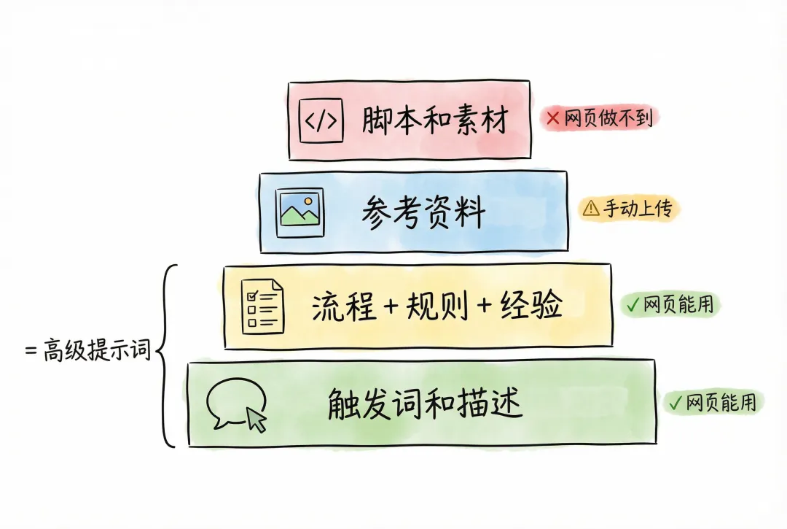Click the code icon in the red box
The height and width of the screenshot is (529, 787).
click(x=321, y=121)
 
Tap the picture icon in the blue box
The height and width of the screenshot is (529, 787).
click(x=300, y=212)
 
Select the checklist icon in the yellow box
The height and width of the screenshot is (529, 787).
click(x=262, y=307)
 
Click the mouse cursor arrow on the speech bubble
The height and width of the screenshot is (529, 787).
click(x=257, y=420)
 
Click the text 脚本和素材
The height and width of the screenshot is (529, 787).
click(x=434, y=121)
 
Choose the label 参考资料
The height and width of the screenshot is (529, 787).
click(x=423, y=214)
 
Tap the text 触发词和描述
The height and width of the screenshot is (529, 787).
click(x=425, y=403)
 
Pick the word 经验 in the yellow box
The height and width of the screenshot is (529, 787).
click(x=531, y=307)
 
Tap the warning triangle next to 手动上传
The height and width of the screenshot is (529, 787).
click(x=590, y=209)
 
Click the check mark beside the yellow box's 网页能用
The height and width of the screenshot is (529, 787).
click(x=631, y=305)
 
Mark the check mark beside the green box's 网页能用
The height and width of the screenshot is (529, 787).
click(x=675, y=401)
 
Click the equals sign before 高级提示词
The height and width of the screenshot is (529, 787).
click(x=31, y=351)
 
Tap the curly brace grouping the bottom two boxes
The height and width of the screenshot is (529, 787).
click(x=166, y=355)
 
